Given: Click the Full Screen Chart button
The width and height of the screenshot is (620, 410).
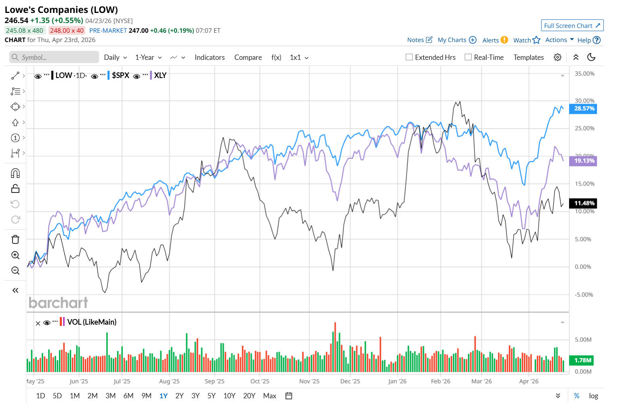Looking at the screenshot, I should coord(572,25).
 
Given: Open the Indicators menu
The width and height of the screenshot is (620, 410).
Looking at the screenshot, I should coord(209,57).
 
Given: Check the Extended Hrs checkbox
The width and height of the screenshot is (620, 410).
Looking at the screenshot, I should coord(409,57).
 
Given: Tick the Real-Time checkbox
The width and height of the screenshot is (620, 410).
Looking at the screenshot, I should coord(468,57).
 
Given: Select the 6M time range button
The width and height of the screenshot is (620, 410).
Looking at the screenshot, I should coord(128,396).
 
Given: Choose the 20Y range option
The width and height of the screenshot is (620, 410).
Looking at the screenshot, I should coord(249,396).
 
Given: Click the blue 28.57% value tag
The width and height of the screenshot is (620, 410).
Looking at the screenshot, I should coord(584,108).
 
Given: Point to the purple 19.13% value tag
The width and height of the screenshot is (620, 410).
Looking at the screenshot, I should coord(584,161).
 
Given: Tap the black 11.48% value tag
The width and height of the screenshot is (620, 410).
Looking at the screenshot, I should coord(584,203).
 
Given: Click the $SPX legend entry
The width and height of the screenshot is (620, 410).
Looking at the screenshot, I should coord(120,76).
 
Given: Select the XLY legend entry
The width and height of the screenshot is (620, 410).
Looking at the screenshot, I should coord(160,76).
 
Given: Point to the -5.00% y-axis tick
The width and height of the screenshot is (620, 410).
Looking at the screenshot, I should coord(584,295).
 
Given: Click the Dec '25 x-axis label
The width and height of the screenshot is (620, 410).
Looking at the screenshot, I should coord(350,381).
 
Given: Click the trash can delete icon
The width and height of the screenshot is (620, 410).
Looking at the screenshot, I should coord(15,239).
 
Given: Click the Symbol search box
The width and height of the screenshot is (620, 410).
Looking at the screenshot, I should coord(54,57).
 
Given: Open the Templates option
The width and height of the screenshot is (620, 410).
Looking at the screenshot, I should coord(528,57).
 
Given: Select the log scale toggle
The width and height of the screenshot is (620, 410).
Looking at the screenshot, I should coord(593,396).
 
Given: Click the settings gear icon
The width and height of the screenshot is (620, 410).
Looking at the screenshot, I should coord(557,57).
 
